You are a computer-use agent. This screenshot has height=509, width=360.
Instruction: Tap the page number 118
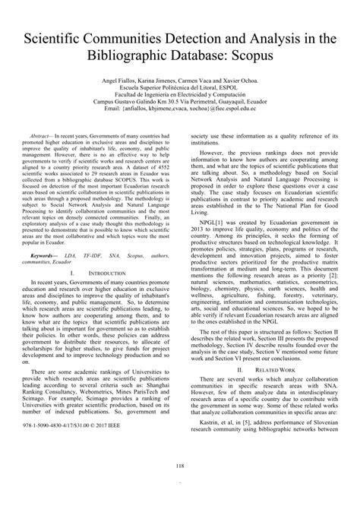179,466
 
